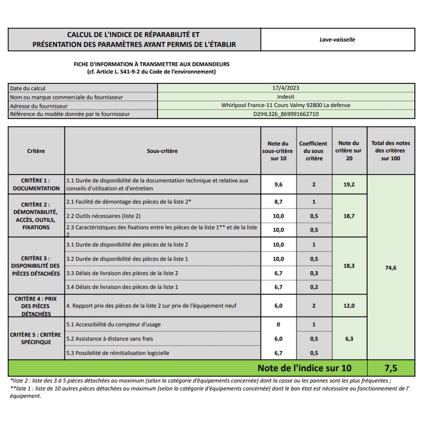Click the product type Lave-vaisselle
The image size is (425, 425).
[x=337, y=40]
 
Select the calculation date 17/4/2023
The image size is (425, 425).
[x=286, y=88]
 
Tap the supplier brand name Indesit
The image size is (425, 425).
[x=286, y=97]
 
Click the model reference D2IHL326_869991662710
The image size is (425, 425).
[x=286, y=114]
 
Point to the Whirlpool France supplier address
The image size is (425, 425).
[x=286, y=105]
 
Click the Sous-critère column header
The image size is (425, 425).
[x=162, y=151]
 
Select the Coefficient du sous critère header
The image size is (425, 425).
[x=313, y=151]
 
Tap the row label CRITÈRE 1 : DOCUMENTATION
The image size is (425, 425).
[x=36, y=184]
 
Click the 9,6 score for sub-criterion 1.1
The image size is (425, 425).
[x=278, y=184]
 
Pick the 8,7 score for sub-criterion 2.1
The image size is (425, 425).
[x=278, y=202]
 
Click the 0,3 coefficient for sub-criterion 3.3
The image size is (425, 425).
[x=314, y=273]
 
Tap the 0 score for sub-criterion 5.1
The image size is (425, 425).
[x=278, y=324]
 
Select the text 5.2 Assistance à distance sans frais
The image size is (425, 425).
[x=110, y=339]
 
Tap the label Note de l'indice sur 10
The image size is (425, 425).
[x=304, y=368]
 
